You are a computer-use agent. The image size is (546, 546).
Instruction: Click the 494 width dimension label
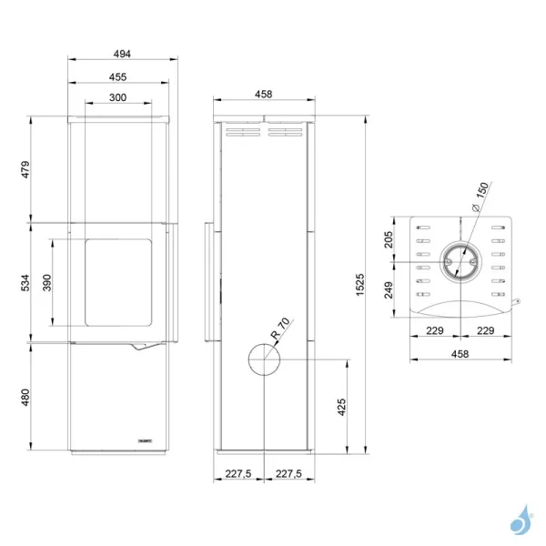click(122, 54)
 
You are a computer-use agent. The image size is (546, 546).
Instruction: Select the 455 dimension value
click(117, 77)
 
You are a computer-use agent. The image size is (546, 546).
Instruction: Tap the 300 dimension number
click(117, 97)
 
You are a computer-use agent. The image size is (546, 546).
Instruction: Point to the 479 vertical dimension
click(25, 169)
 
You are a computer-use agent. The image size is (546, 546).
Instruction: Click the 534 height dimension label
click(25, 283)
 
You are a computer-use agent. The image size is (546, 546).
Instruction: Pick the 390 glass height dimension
click(47, 283)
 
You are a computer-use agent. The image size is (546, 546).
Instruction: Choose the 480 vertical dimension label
click(25, 398)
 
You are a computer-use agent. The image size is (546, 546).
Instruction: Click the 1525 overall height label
click(360, 285)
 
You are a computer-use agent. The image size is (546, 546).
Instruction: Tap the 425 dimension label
click(341, 407)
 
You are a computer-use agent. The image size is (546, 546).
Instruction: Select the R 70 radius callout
click(280, 329)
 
